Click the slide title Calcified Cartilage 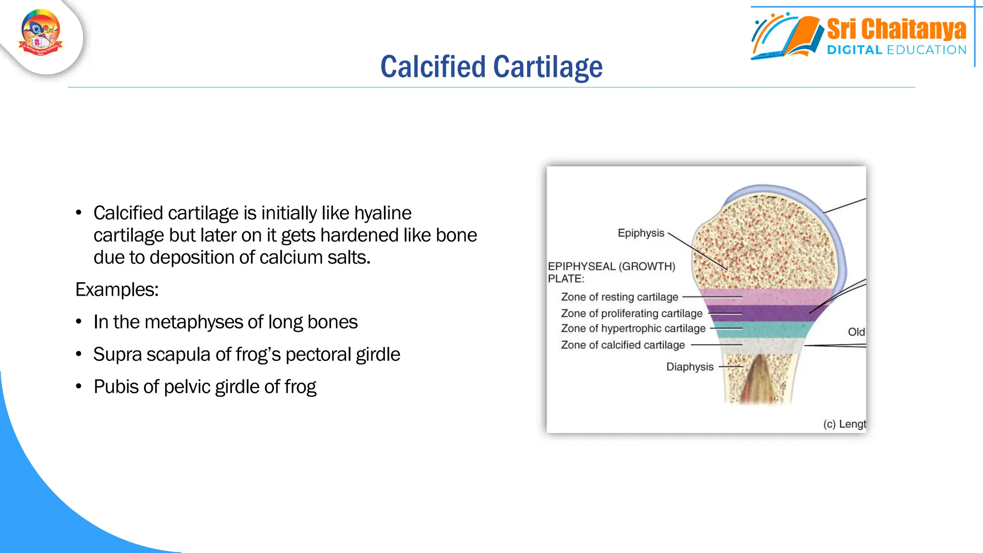coord(491,67)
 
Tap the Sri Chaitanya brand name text coord(896,29)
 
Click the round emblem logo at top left coord(41,33)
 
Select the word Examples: coord(117,290)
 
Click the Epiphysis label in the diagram coord(641,233)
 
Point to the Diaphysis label coord(690,367)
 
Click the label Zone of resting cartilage coord(619,297)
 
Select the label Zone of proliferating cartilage coord(631,313)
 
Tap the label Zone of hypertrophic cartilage coord(633,329)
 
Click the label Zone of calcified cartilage coord(623,345)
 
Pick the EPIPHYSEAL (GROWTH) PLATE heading coord(611,272)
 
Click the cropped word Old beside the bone coord(856,332)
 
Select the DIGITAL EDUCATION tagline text coord(896,50)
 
